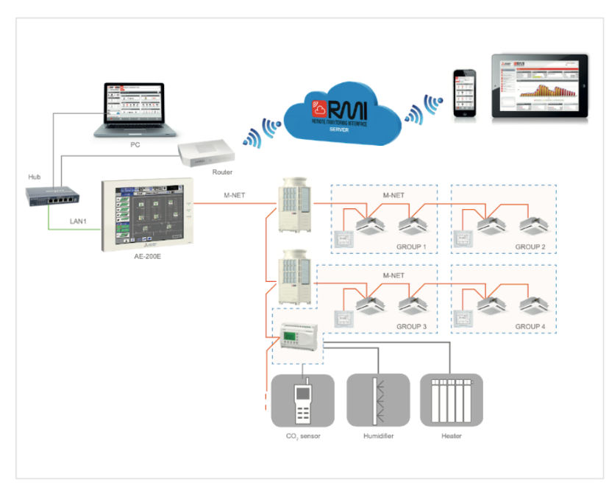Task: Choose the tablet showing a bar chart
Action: click(539, 86)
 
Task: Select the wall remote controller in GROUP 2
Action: click(464, 239)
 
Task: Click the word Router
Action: click(222, 172)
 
